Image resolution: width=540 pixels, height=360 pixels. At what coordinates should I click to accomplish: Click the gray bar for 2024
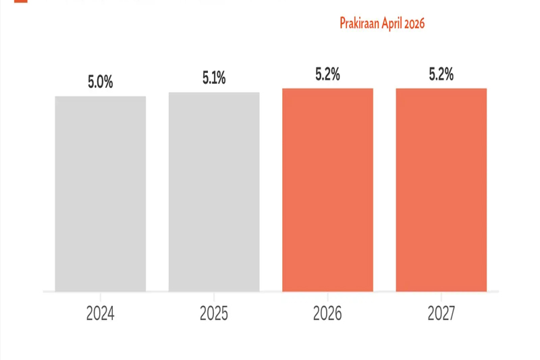[100, 194]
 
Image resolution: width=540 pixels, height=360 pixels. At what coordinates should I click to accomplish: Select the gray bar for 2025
[214, 192]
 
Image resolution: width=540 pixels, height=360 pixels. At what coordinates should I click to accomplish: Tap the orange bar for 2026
[327, 190]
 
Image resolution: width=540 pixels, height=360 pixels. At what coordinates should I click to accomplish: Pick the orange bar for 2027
[441, 190]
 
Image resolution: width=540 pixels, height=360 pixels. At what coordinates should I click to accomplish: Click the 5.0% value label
[100, 82]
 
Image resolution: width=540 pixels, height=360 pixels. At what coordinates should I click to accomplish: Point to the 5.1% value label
[214, 78]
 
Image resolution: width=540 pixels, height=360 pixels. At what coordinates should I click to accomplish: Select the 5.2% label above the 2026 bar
[327, 74]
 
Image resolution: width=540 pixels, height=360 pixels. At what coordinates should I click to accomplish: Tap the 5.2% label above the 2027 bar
[441, 74]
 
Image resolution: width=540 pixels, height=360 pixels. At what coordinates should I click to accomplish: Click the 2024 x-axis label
[100, 313]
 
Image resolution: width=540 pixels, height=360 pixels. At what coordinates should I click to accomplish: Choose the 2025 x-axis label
[214, 313]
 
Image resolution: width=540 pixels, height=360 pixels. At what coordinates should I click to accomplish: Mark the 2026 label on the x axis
[327, 313]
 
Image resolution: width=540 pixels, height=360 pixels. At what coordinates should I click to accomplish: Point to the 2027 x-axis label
[441, 313]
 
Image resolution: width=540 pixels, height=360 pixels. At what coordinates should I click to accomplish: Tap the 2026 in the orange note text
[414, 24]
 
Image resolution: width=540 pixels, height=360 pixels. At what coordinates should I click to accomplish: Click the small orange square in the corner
[21, 1]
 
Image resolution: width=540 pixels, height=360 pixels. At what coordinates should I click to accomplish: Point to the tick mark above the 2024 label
[100, 297]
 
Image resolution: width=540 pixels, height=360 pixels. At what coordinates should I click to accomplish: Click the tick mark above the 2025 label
[214, 297]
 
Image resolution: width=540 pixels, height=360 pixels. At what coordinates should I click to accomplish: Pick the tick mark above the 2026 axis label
[327, 297]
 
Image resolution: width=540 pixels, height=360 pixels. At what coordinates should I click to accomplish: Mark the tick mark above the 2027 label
[441, 297]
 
